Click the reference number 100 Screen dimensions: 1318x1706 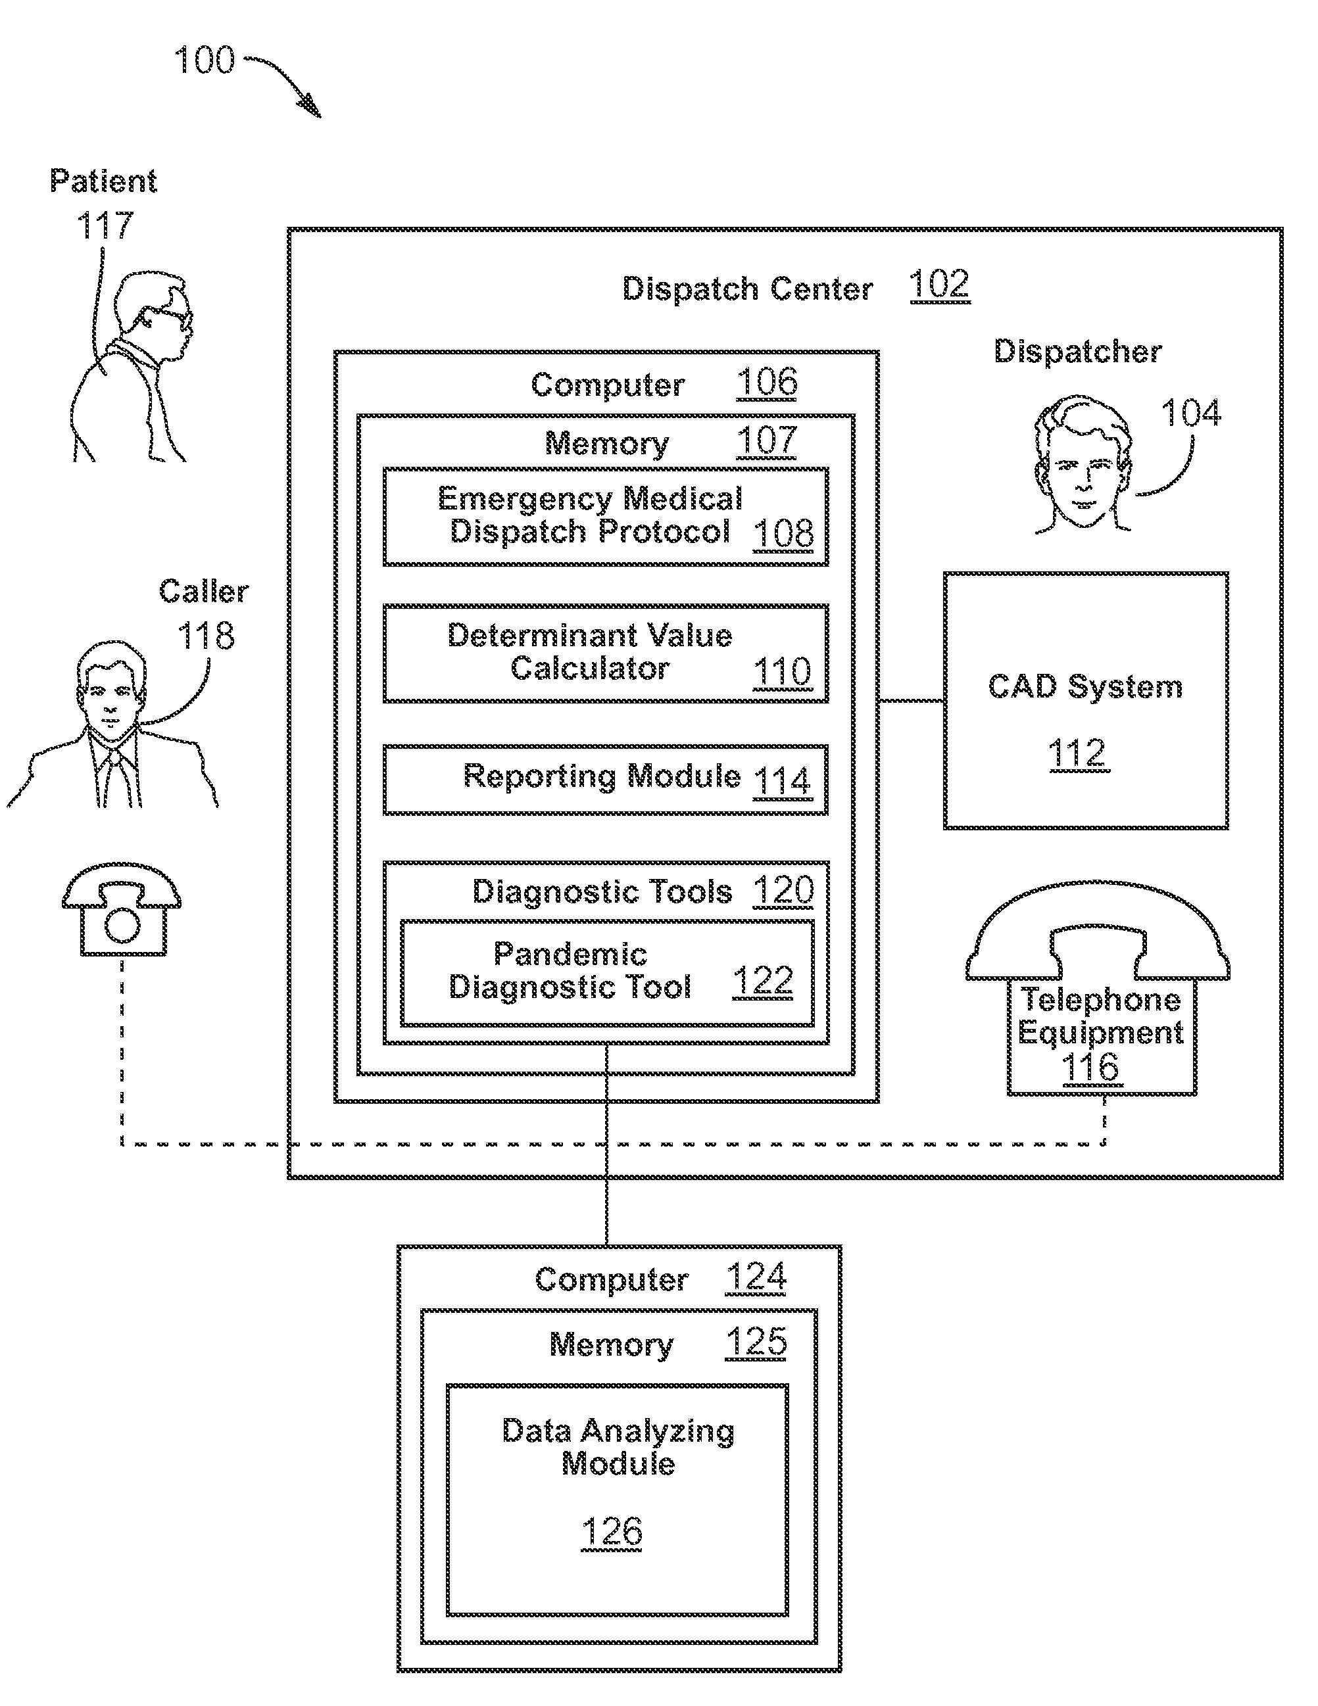pos(204,60)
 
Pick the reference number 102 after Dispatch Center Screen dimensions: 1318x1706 pos(939,285)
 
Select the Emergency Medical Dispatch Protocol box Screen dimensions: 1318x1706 pos(606,516)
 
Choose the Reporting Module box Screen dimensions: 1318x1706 pos(606,780)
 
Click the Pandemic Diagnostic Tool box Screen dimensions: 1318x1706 pos(607,973)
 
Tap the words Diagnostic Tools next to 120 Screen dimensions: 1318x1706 pos(602,892)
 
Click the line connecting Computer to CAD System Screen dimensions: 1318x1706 pos(911,701)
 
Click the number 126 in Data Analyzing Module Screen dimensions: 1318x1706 pos(612,1532)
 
